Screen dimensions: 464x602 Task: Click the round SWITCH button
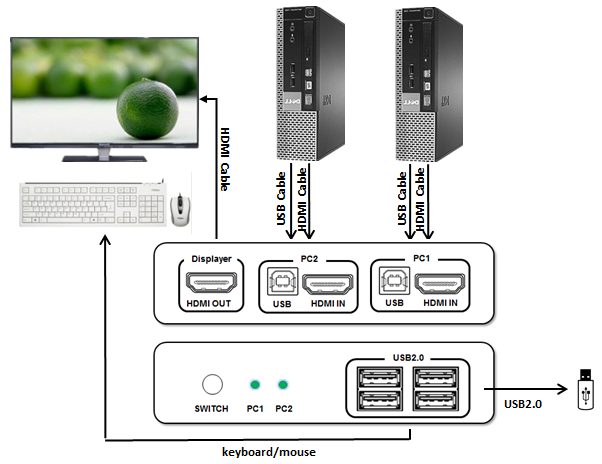click(212, 385)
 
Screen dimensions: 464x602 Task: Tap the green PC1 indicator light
click(255, 385)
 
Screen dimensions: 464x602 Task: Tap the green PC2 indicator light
click(284, 385)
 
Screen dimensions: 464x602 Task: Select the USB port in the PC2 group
click(282, 284)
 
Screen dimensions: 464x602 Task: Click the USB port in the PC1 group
click(394, 284)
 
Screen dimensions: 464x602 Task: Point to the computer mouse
click(179, 208)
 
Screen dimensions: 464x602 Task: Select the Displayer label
click(211, 259)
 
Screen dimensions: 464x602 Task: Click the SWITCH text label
click(211, 409)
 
